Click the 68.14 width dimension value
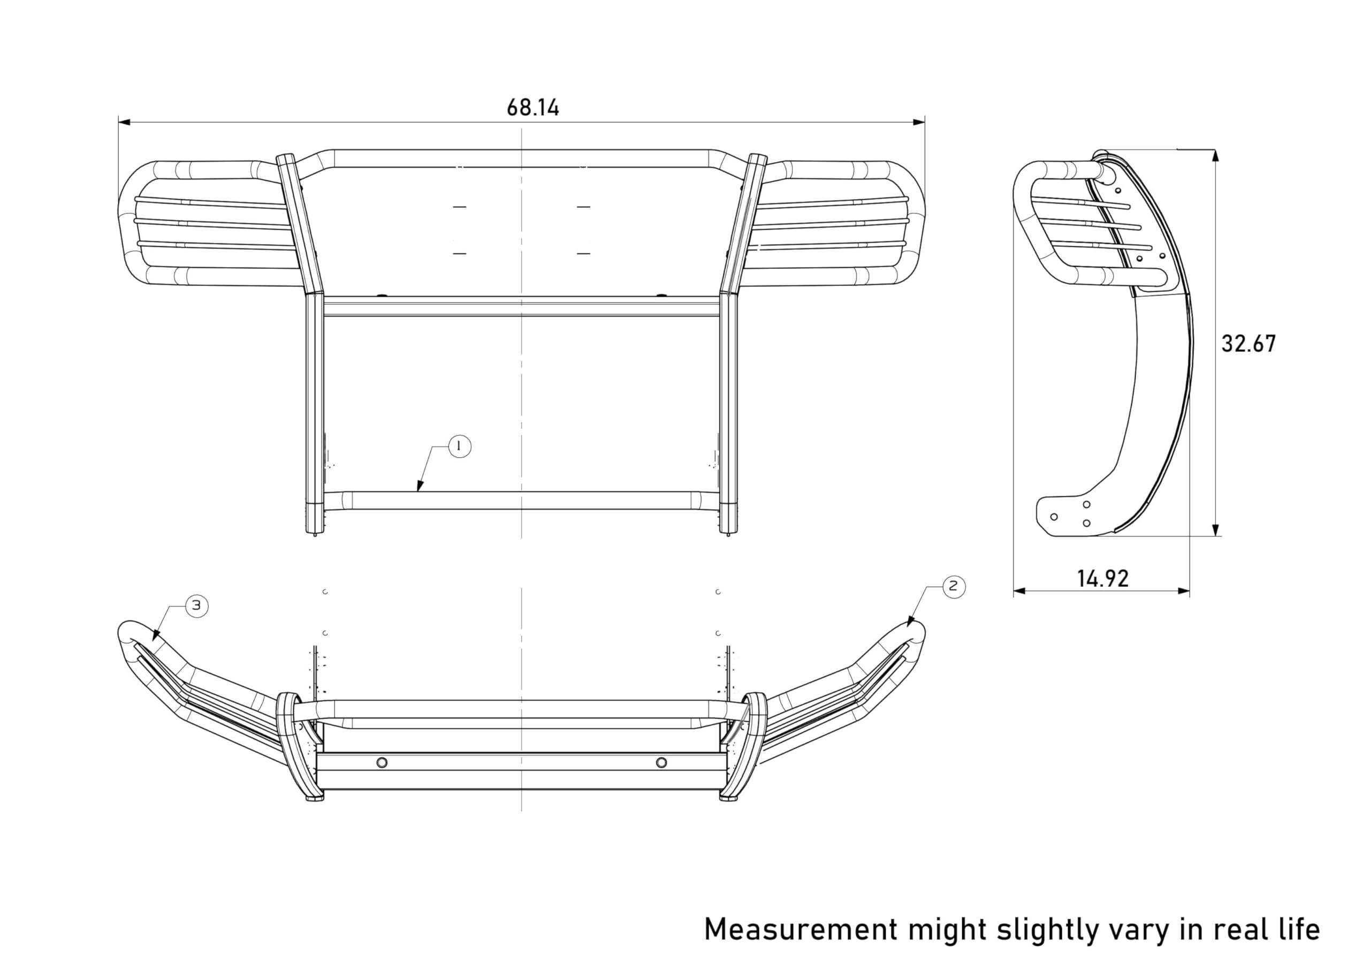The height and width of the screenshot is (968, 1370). point(533,108)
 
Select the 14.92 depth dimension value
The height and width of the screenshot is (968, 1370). point(1102,578)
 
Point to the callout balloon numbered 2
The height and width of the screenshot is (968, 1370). point(953,586)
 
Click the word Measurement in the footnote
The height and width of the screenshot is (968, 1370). point(801,930)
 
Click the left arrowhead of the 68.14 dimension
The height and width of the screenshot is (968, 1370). point(124,123)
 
